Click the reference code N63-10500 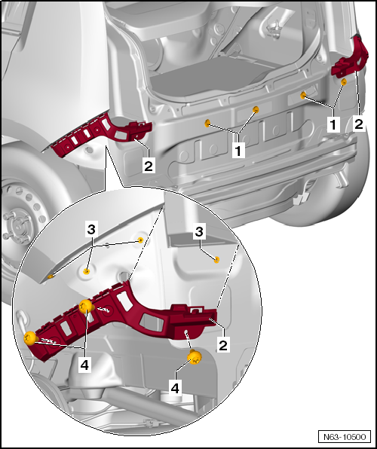pos(345,436)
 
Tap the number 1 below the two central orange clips pos(239,150)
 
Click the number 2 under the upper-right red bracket pos(358,122)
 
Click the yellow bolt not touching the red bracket pos(194,358)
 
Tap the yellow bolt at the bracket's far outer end pos(31,338)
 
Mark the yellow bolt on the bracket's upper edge pos(85,306)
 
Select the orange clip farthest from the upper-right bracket pos(207,122)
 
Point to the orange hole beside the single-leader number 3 pos(216,260)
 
